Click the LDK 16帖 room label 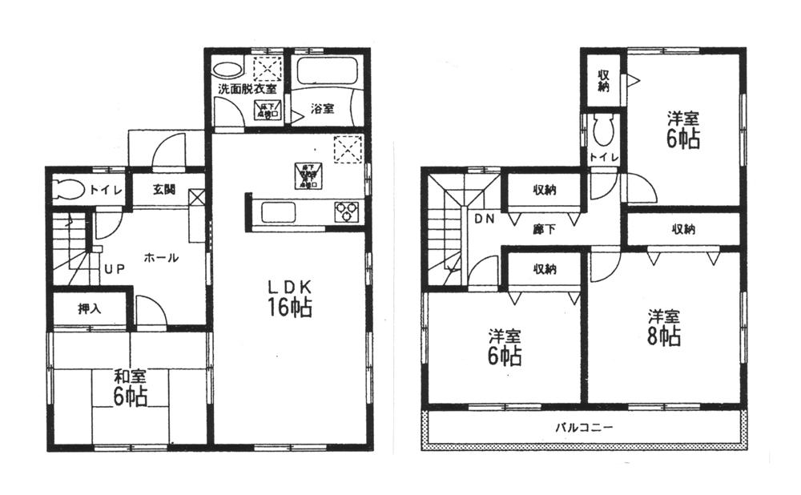(x=284, y=296)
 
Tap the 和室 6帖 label (x=128, y=386)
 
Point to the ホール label (x=161, y=258)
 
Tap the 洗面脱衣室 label (x=248, y=89)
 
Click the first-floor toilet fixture (x=70, y=191)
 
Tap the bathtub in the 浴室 (x=327, y=73)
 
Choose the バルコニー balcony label (x=585, y=428)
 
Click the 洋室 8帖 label (x=664, y=327)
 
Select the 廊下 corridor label (x=545, y=227)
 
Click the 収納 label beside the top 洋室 (x=603, y=81)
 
